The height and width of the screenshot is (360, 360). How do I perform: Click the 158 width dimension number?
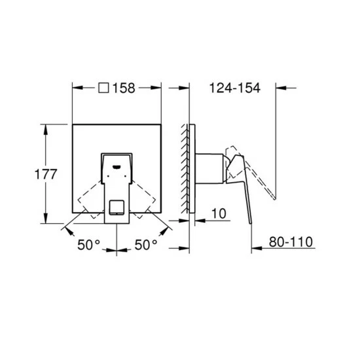(124, 88)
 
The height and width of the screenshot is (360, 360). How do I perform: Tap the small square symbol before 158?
(103, 88)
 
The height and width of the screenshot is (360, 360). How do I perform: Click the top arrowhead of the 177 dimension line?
(45, 127)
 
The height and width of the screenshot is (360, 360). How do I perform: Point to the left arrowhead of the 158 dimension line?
(75, 88)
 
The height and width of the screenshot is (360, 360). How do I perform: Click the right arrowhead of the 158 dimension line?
(158, 88)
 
